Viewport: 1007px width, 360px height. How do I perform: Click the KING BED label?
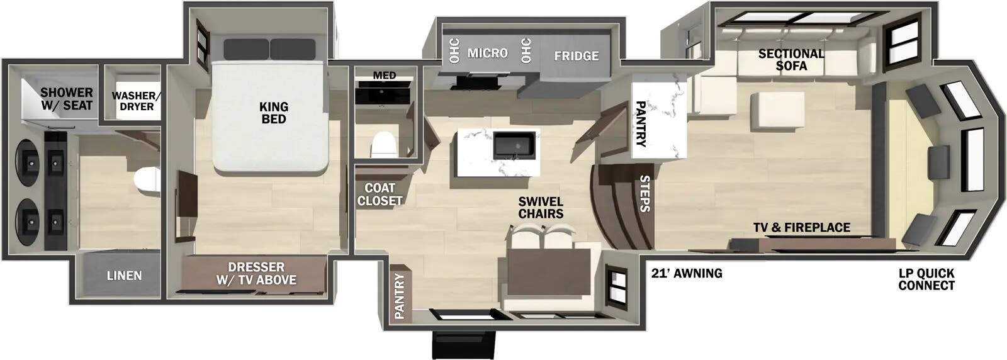point(273,113)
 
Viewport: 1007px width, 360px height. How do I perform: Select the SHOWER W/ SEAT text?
point(67,99)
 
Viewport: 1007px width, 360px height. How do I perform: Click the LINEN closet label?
point(124,275)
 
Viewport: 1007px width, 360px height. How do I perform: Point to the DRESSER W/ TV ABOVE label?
point(256,273)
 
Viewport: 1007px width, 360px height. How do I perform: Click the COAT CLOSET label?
point(380,194)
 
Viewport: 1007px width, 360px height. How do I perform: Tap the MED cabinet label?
point(385,76)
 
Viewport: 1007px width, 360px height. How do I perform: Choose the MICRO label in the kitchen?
point(487,53)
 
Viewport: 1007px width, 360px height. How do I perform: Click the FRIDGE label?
point(576,56)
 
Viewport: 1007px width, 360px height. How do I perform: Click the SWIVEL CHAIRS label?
point(541,208)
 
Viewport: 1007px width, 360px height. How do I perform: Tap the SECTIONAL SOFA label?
point(791,59)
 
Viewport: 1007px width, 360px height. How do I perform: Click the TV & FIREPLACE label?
point(802,227)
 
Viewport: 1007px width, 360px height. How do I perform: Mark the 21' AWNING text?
point(686,273)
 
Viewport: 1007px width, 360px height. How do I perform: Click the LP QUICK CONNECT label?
point(926,279)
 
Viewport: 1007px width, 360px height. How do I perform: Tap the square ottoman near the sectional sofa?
point(781,110)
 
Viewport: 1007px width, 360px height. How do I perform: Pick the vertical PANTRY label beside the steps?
point(641,123)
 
